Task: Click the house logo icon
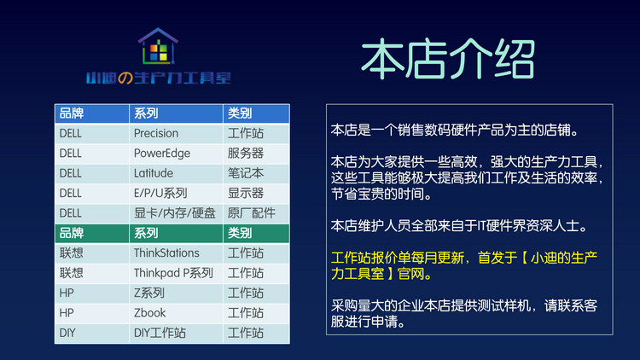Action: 158,46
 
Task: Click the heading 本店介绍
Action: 448,59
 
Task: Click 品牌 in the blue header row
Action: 72,113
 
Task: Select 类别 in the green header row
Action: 240,233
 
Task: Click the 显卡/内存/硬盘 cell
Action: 175,213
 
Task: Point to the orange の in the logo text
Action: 125,78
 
